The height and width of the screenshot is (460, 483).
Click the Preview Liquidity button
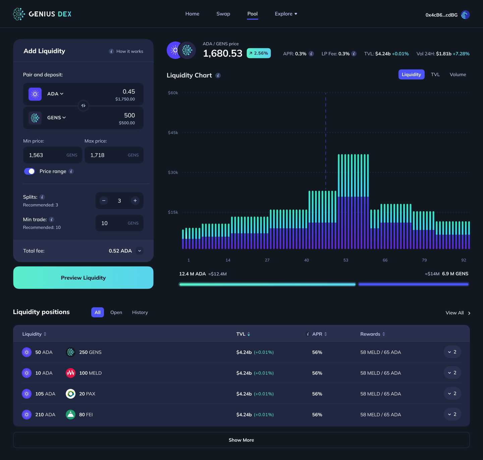[83, 278]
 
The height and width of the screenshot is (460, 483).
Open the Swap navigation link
[223, 14]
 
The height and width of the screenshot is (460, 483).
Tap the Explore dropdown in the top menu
[286, 14]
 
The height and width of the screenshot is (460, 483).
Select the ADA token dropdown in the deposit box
[55, 94]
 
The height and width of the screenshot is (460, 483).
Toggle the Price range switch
[30, 171]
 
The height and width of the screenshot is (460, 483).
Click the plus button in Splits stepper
[135, 201]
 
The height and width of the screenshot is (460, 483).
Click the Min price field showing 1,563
[52, 155]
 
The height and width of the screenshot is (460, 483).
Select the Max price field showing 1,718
[114, 155]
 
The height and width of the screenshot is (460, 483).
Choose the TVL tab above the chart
[435, 74]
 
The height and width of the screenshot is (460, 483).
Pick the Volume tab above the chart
[458, 74]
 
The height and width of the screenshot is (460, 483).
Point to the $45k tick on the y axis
[173, 133]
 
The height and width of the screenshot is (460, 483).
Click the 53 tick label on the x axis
[346, 260]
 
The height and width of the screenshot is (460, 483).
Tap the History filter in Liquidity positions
[140, 312]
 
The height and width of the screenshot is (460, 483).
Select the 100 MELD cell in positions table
[90, 373]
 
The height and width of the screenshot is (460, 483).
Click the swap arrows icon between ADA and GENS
[83, 106]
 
